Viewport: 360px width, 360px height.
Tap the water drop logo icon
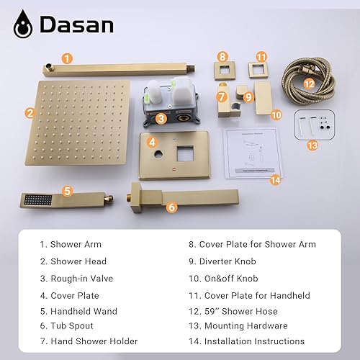(x=24, y=24)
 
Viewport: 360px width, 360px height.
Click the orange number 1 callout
(x=67, y=58)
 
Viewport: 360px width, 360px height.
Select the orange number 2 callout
(x=30, y=112)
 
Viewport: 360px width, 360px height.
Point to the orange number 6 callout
(x=171, y=207)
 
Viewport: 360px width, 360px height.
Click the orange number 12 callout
(x=308, y=84)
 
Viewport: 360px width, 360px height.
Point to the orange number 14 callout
(x=274, y=180)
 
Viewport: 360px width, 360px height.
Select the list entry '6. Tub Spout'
(x=73, y=325)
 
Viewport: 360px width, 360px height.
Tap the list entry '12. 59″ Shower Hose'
(x=234, y=310)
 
